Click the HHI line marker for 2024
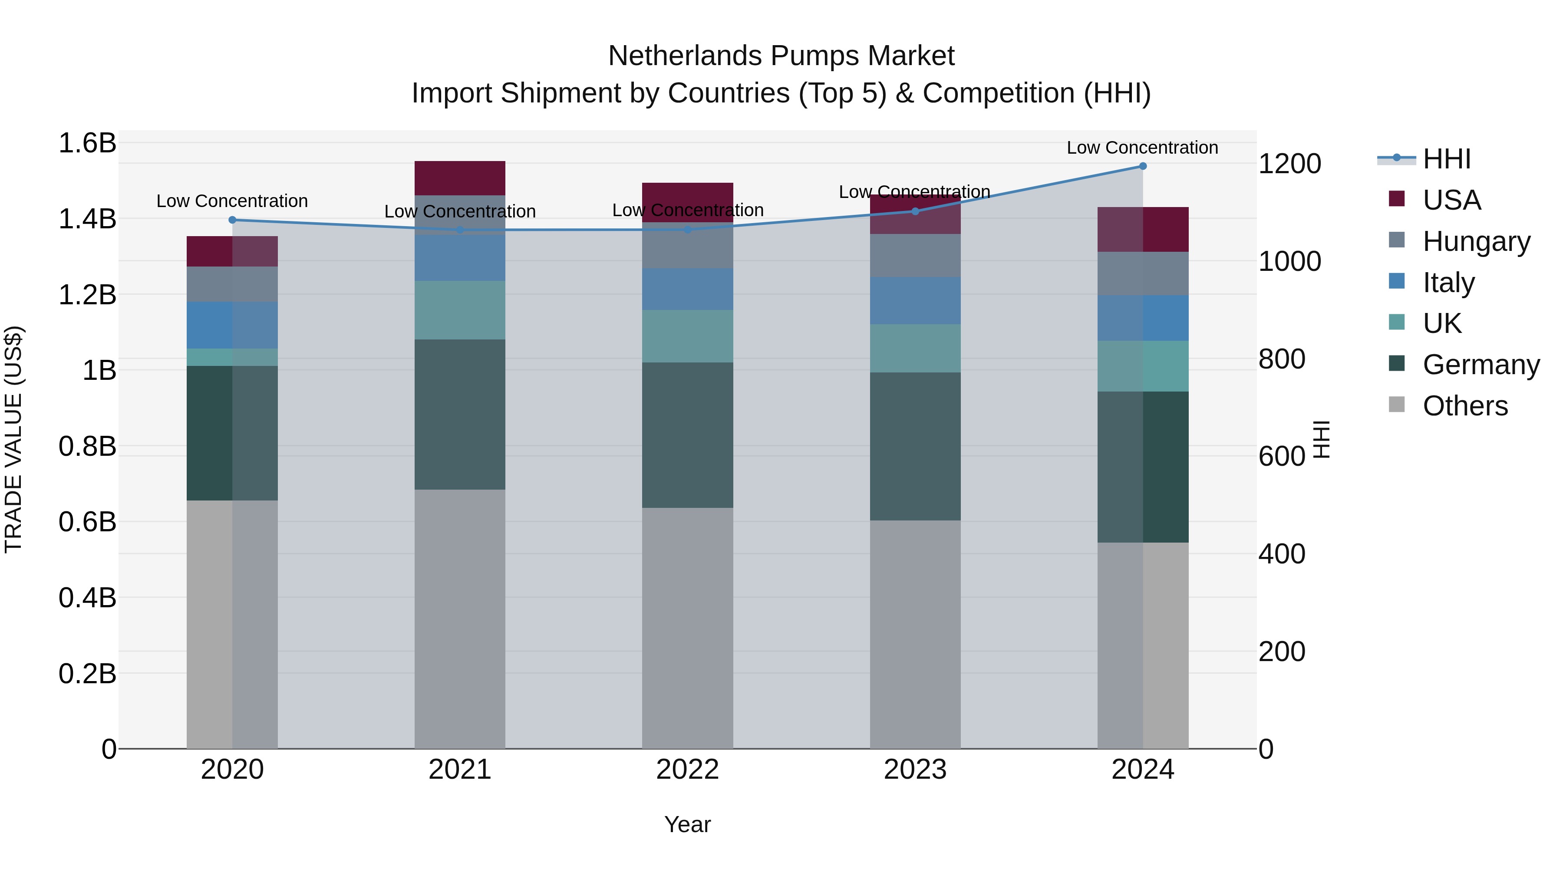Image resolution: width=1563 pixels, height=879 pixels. [1143, 166]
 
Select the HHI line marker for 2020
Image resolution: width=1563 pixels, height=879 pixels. [232, 220]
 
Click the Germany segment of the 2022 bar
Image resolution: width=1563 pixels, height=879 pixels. [687, 435]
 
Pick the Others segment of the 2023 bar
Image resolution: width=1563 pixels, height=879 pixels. [915, 634]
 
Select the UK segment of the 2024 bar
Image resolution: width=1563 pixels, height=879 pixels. [1143, 366]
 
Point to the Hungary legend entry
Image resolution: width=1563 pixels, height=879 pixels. [1476, 241]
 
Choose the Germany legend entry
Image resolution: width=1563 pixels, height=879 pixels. [1481, 365]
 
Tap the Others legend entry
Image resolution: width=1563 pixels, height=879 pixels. [1464, 406]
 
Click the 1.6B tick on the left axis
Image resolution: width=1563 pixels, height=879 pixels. [87, 143]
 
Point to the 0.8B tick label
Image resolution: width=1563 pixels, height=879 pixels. [87, 447]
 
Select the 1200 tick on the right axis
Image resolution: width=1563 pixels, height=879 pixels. [1289, 164]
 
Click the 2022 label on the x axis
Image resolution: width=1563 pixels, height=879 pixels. [687, 770]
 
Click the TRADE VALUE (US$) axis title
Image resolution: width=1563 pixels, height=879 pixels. [13, 439]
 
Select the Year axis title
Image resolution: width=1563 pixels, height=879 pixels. [687, 824]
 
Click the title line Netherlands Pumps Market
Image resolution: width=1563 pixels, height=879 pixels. [781, 56]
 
